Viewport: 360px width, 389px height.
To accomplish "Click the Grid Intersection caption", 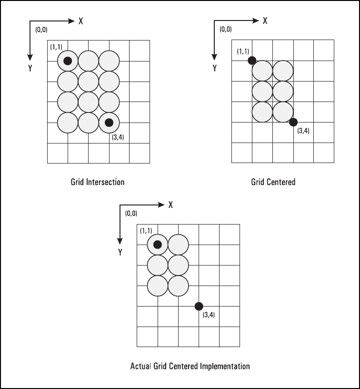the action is pos(98,182).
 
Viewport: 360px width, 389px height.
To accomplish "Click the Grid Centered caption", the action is pos(273,182).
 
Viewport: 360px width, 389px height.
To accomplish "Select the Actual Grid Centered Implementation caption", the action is pos(190,367).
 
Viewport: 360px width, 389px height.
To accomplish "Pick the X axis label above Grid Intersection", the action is pos(81,21).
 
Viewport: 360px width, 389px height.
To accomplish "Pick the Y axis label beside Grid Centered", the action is pos(214,68).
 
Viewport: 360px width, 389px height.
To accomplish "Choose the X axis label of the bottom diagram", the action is pos(170,204).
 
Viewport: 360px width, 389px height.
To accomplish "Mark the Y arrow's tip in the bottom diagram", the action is pos(120,241).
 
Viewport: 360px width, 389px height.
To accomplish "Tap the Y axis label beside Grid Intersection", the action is pos(30,68).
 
